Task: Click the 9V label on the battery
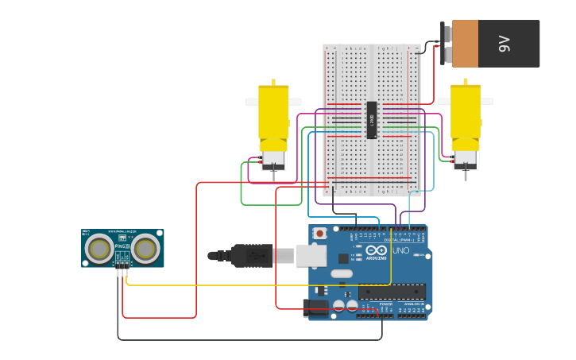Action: [x=504, y=44]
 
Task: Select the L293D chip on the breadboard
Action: [x=371, y=120]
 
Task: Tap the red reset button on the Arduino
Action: [x=319, y=234]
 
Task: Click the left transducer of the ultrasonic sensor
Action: [x=99, y=249]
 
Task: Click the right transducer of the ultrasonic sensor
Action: [x=145, y=249]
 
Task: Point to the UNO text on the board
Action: [x=401, y=251]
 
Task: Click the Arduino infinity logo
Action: [x=376, y=250]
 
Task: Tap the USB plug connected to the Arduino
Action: [x=262, y=255]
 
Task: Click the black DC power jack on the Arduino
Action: [x=316, y=308]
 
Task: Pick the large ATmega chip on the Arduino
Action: [x=392, y=292]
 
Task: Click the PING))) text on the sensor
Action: [x=122, y=246]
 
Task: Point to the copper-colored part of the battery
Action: [x=466, y=44]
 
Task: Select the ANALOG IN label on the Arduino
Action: [x=413, y=304]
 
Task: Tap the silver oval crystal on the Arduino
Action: [x=342, y=274]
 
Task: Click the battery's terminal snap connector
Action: [x=446, y=44]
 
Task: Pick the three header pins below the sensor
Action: [x=122, y=273]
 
